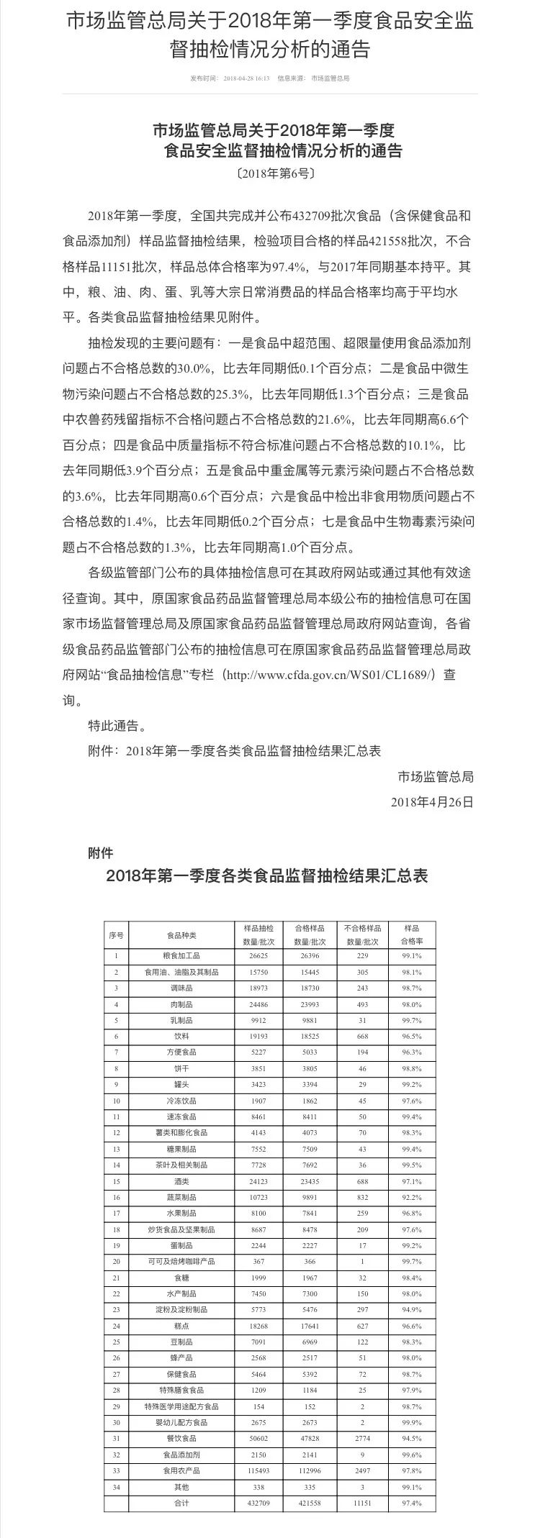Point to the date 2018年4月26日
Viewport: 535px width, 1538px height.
(432, 801)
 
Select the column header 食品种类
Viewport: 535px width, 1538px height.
(181, 935)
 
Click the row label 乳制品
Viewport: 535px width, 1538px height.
(181, 1020)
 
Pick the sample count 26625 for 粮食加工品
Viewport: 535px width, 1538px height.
(256, 956)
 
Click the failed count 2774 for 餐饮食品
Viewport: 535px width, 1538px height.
(362, 1439)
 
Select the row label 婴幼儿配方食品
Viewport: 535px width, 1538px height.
(181, 1423)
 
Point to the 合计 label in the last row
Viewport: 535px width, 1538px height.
(181, 1503)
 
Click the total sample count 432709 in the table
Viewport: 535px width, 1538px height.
(256, 1503)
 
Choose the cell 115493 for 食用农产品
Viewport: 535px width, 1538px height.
(256, 1471)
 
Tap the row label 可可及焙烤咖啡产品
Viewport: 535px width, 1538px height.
(181, 1262)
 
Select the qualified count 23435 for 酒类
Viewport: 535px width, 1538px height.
(309, 1181)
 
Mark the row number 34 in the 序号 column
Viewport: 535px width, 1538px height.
(116, 1488)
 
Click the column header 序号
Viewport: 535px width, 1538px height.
(116, 935)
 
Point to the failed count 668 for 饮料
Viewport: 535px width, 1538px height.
(362, 1037)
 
